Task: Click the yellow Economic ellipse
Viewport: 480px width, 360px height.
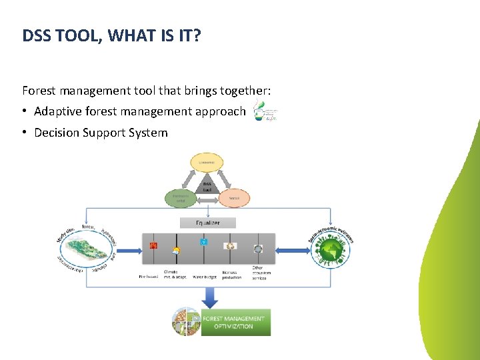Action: pos(207,161)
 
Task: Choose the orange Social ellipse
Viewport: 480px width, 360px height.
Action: pos(234,198)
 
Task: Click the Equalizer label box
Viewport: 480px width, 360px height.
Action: pos(208,223)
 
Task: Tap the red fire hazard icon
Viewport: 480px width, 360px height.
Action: pos(153,245)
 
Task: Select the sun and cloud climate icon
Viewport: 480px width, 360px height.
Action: pos(176,251)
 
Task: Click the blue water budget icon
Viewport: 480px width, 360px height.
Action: pos(204,242)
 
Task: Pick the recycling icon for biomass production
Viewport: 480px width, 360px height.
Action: pos(231,246)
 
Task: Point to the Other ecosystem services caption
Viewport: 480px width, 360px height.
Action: pos(259,273)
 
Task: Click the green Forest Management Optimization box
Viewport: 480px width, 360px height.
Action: pos(236,322)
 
